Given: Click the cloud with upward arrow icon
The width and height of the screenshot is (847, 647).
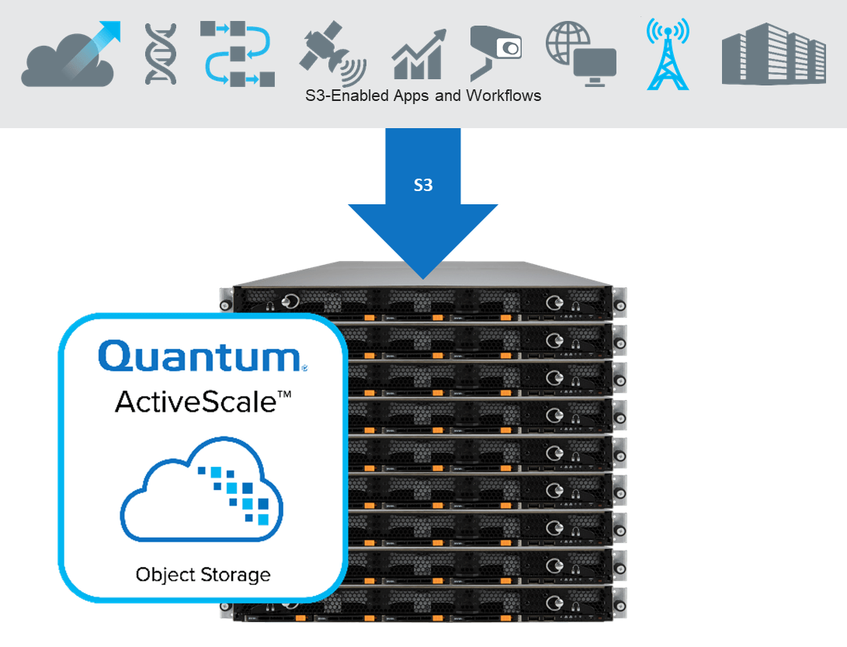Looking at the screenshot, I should pyautogui.click(x=70, y=56).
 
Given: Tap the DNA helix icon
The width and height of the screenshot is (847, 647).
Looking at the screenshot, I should pyautogui.click(x=161, y=54).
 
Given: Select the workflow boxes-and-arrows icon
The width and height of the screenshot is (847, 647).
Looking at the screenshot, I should pyautogui.click(x=237, y=53).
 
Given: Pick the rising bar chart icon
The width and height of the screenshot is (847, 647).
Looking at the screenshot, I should pyautogui.click(x=418, y=55).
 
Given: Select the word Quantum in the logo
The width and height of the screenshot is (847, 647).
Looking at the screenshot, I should pyautogui.click(x=199, y=357).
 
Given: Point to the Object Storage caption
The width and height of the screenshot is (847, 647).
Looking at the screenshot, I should pyautogui.click(x=203, y=575).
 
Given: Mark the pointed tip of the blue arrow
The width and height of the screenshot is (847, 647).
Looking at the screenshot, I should pyautogui.click(x=423, y=277).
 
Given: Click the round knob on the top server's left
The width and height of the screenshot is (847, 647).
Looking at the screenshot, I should pyautogui.click(x=291, y=301).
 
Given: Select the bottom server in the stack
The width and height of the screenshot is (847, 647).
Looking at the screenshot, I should pyautogui.click(x=427, y=606).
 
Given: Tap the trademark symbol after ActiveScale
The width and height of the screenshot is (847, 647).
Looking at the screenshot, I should pyautogui.click(x=284, y=395).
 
